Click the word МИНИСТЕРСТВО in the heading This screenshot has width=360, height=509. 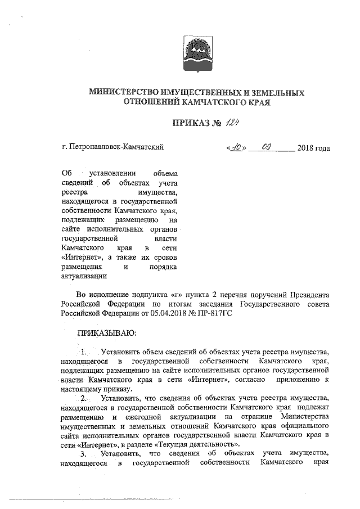coord(124,93)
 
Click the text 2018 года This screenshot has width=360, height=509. coord(313,148)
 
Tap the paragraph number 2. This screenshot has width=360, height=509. coord(84,399)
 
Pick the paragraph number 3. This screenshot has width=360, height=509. coord(84,453)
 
